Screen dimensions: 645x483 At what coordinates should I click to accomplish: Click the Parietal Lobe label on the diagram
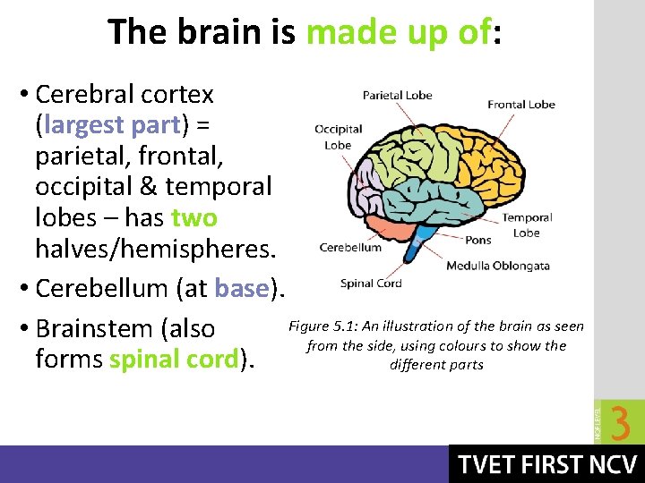coord(397,95)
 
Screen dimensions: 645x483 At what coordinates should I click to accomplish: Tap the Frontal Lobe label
coord(520,104)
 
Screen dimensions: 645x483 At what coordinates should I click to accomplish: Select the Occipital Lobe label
coord(338,137)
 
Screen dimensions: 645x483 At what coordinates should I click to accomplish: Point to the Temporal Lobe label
coord(526,225)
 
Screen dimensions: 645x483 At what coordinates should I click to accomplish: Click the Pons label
coord(478,240)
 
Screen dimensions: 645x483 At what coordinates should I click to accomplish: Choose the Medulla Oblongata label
coord(497,266)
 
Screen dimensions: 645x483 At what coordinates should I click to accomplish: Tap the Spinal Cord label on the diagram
coord(371,284)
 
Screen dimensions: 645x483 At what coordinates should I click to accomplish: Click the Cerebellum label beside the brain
coord(350,248)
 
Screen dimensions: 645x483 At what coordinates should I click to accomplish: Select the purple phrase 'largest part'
coord(112,126)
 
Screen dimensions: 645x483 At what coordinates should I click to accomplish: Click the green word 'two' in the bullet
coord(194,218)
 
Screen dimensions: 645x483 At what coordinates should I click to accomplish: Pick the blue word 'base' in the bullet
coord(242,289)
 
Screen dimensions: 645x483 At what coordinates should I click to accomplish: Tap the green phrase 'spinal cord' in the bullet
coord(175,359)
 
